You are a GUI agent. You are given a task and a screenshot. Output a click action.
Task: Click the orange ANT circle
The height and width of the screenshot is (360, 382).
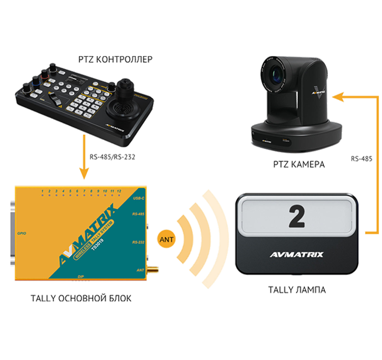pos(166,238)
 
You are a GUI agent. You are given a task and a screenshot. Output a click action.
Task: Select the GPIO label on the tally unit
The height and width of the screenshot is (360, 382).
pos(21,233)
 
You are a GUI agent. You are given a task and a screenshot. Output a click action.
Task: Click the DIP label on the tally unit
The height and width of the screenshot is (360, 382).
pos(80,276)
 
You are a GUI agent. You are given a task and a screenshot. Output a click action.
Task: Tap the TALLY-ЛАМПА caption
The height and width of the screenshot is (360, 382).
pos(297,290)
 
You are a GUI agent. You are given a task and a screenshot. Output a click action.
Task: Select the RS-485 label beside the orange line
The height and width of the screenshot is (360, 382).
pos(362,159)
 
